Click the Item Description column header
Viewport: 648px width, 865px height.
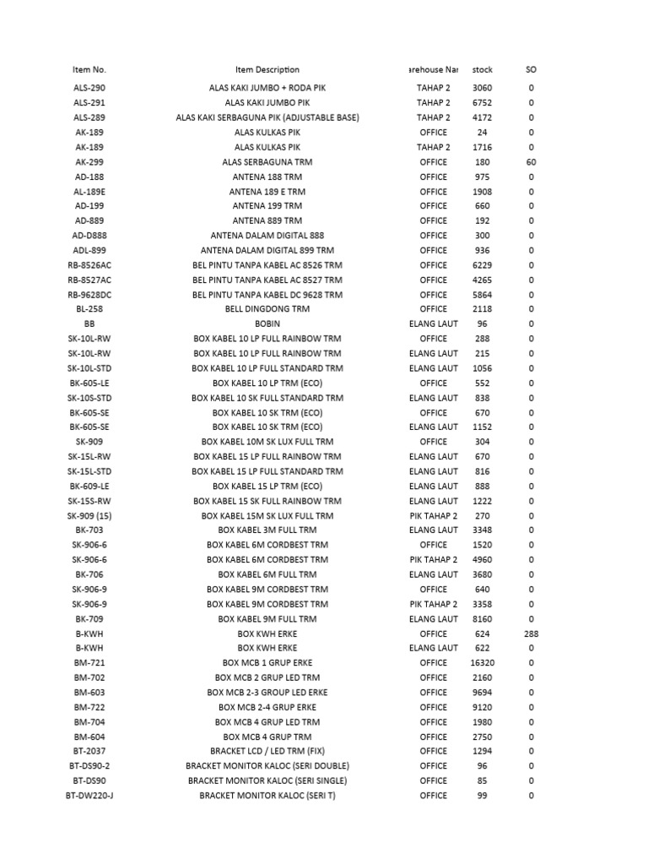click(267, 70)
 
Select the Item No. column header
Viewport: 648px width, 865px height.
click(89, 70)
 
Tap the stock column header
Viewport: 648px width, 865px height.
click(483, 70)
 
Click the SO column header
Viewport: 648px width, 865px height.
click(531, 70)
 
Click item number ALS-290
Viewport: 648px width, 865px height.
click(89, 88)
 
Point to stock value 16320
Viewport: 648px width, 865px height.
click(483, 663)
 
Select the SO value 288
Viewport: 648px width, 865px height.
click(531, 634)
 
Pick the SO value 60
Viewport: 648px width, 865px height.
click(531, 162)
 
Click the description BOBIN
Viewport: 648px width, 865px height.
click(267, 324)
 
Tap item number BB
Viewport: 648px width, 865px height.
click(89, 324)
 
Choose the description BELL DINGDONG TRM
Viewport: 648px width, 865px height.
click(267, 309)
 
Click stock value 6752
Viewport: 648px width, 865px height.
click(483, 103)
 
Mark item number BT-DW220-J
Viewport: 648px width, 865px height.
click(89, 796)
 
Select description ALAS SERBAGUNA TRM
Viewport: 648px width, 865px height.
click(267, 162)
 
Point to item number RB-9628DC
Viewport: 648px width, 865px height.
click(89, 295)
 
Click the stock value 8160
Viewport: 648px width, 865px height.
click(483, 619)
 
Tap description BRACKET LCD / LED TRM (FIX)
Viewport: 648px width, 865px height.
click(267, 751)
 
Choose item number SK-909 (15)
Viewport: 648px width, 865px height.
click(89, 515)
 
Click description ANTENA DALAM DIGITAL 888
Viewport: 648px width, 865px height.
click(267, 236)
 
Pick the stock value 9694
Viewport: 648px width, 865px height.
click(483, 693)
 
